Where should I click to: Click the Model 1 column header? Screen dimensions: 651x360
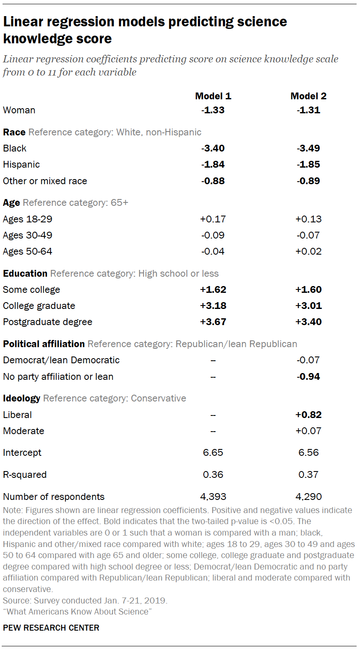point(213,96)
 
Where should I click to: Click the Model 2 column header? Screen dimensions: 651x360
point(309,96)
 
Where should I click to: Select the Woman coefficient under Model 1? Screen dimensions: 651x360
point(213,110)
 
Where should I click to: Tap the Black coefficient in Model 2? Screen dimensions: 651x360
point(309,149)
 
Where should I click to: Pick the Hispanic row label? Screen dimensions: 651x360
point(21,165)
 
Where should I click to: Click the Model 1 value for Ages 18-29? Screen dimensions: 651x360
point(213,219)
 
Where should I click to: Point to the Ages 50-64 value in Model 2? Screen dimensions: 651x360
point(309,252)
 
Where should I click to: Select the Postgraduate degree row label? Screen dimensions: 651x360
point(48,322)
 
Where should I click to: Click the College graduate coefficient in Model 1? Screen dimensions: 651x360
point(213,306)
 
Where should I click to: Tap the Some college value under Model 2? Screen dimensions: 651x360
point(309,290)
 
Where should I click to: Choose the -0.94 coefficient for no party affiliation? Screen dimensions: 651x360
point(309,377)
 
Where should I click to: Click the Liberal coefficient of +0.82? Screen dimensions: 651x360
point(309,415)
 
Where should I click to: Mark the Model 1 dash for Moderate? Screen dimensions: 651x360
point(213,431)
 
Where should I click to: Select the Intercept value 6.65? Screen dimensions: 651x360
point(213,453)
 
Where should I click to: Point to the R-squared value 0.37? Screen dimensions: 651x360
point(309,475)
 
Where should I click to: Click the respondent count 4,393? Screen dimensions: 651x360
point(213,497)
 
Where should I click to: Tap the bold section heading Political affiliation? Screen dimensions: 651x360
point(44,344)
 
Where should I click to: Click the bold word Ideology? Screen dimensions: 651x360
point(22,398)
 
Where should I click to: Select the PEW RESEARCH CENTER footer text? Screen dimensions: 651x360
point(51,628)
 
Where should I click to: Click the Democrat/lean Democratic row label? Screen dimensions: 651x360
point(61,360)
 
